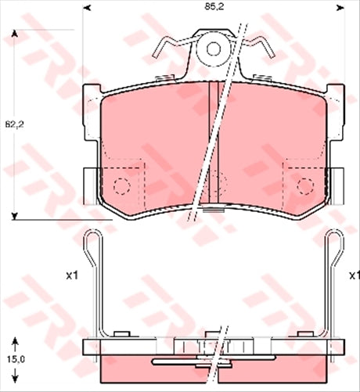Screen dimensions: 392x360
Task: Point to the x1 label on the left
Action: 72,275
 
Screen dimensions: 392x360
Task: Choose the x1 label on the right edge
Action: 354,275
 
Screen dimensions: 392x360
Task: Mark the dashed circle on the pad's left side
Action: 121,186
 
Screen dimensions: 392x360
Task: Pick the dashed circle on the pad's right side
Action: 304,186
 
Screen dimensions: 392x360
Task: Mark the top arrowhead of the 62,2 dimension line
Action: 13,35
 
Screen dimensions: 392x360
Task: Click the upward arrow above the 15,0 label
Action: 13,341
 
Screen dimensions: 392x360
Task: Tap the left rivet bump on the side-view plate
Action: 120,334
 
